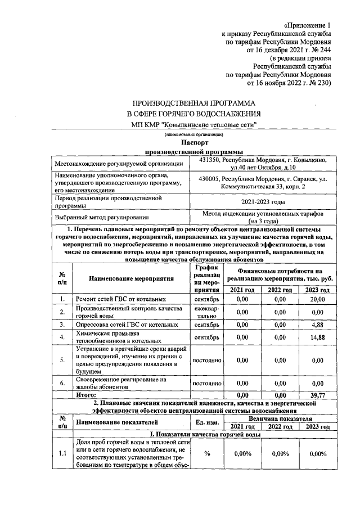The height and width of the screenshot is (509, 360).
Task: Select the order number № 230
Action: point(319,82)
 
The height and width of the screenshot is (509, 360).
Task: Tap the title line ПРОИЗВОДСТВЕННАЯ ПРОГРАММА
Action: point(193,104)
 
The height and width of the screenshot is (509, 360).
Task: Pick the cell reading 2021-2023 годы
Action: point(264,202)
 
